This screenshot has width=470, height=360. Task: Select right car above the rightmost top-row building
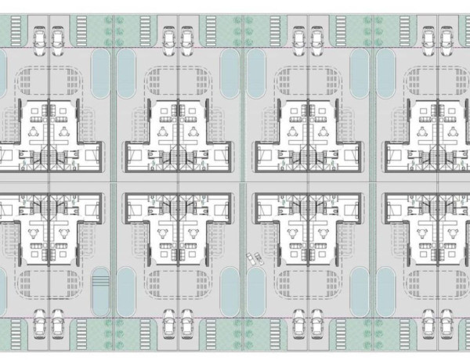click(446, 37)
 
